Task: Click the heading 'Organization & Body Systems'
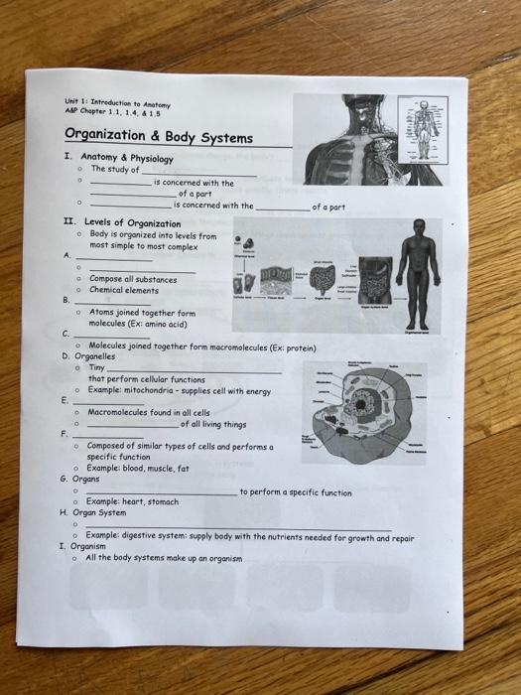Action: (159, 137)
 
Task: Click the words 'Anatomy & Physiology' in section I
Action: (127, 158)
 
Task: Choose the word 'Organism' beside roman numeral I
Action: (88, 546)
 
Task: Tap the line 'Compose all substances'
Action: (135, 279)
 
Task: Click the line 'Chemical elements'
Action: (124, 290)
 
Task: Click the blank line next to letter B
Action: (111, 300)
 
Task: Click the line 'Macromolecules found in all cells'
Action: (149, 412)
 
